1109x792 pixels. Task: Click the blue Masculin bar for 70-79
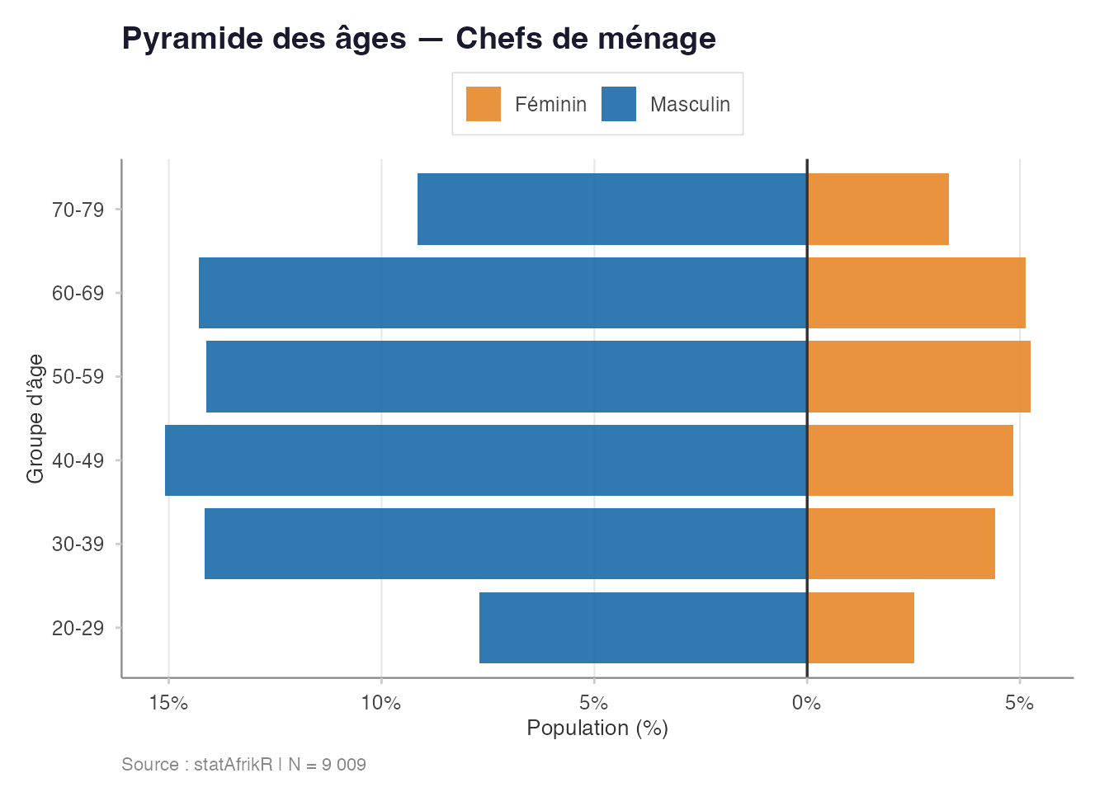(611, 209)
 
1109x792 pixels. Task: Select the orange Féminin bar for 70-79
(878, 209)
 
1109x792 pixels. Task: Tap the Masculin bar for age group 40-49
(485, 460)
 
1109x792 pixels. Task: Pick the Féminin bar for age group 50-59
(918, 377)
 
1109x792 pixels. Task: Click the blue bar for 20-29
(643, 628)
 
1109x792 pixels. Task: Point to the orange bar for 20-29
(861, 628)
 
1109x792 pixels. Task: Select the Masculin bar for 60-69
(503, 293)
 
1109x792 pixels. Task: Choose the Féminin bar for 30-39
(901, 544)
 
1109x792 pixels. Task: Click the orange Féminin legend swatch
(484, 104)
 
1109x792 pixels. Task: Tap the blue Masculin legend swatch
(619, 104)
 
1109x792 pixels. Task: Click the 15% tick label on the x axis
(168, 703)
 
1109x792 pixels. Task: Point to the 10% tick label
(381, 703)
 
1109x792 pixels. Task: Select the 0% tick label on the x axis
(806, 703)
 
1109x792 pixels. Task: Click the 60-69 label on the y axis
(78, 293)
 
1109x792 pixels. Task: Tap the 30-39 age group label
(78, 544)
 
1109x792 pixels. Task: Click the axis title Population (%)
(597, 728)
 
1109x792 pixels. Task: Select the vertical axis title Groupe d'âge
(35, 418)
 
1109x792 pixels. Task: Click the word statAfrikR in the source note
(233, 764)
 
